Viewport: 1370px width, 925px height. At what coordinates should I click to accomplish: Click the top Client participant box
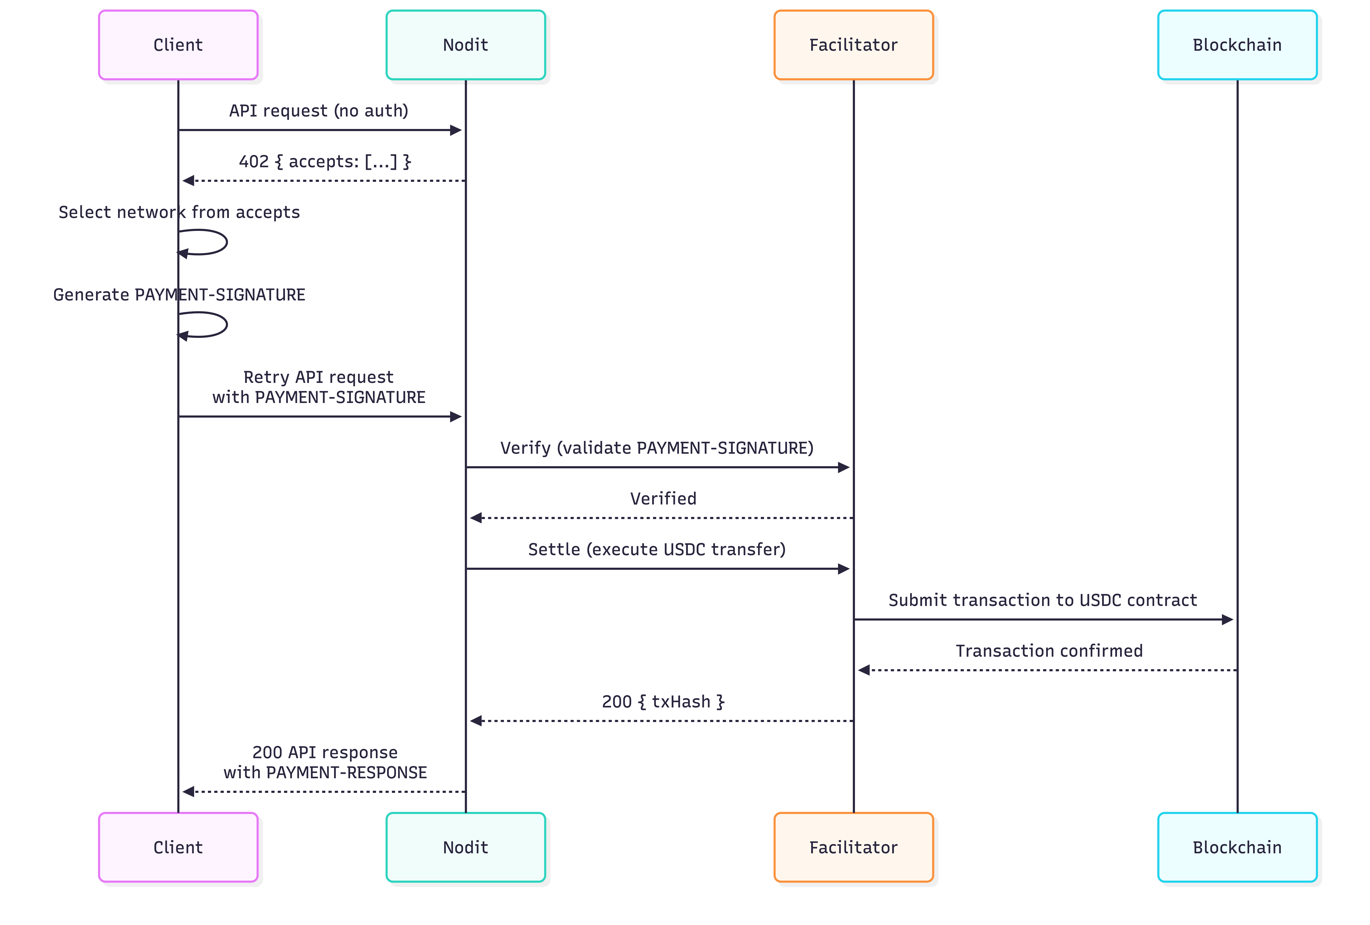pyautogui.click(x=178, y=45)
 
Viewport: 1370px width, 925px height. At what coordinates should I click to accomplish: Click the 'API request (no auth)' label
pyautogui.click(x=318, y=111)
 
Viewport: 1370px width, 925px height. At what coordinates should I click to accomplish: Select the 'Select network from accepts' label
pyautogui.click(x=179, y=212)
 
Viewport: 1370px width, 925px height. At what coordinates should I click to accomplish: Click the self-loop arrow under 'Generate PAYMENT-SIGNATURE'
pyautogui.click(x=203, y=325)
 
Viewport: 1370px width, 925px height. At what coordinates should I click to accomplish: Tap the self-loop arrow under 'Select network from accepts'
pyautogui.click(x=203, y=242)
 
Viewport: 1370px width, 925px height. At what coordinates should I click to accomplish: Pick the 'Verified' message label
pyautogui.click(x=663, y=498)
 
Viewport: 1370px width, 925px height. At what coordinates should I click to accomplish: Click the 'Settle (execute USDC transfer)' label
pyautogui.click(x=657, y=549)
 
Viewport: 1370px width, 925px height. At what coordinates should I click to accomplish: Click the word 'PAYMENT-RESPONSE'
pyautogui.click(x=347, y=772)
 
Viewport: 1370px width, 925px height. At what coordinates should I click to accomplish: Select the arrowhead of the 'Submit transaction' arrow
pyautogui.click(x=1227, y=619)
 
